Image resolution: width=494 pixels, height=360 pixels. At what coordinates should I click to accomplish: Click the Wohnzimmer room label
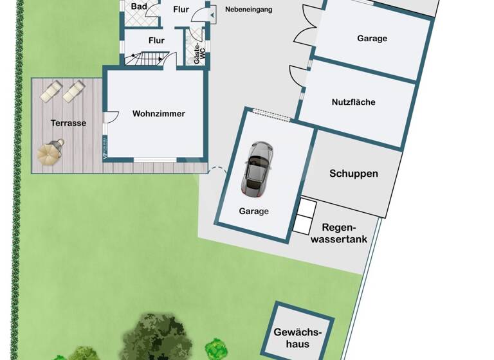pos(158,114)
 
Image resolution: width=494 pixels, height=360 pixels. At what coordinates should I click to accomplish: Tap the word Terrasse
pos(68,123)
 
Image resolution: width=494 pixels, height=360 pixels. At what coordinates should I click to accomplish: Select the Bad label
pos(138,6)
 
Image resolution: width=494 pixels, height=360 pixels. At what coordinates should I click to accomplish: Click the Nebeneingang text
pos(248,10)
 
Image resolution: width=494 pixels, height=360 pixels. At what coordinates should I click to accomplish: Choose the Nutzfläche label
pos(353,102)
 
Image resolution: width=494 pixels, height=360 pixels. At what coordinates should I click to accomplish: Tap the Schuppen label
pos(353,174)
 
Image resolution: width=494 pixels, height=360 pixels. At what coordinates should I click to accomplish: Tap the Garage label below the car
pos(253,211)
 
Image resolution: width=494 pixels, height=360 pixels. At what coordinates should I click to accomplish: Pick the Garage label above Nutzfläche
pos(372,39)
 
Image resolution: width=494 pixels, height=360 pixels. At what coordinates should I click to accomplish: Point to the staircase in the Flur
pos(146,59)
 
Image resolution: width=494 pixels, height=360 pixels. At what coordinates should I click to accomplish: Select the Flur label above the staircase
pos(156,40)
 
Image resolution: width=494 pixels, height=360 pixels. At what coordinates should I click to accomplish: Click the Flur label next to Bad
pos(181,9)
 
